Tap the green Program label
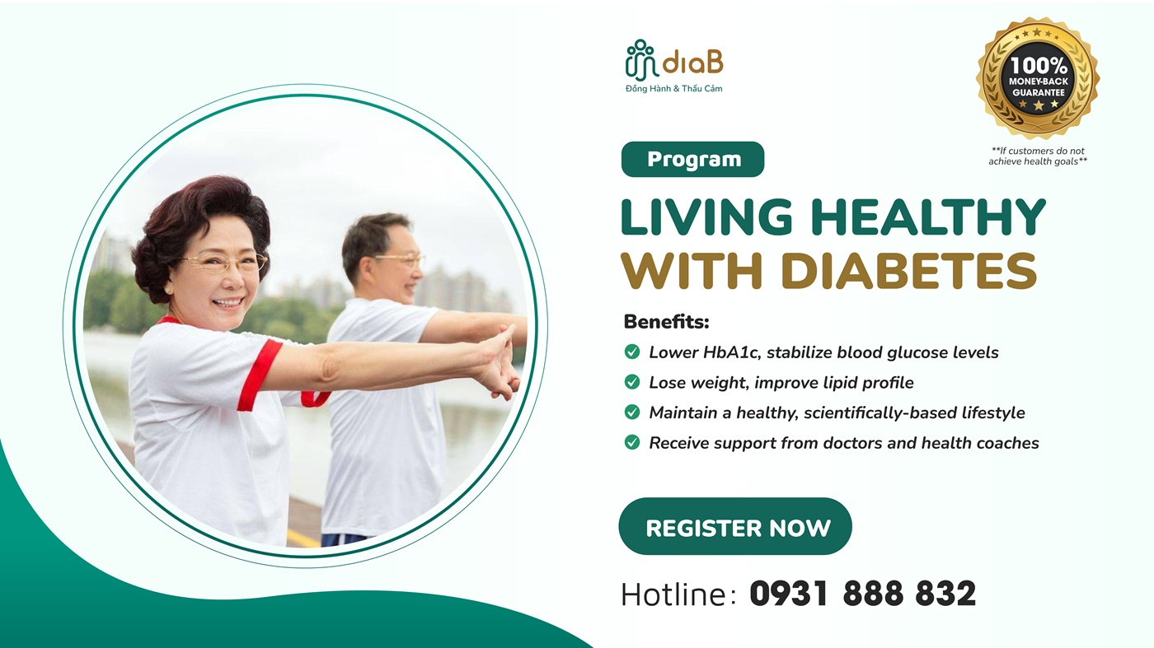692,159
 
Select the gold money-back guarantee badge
1038,77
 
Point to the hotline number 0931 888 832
862,594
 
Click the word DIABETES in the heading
908,270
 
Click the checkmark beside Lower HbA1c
632,352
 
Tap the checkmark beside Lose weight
632,382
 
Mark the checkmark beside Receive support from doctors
632,443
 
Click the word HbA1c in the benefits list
732,352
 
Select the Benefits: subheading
666,321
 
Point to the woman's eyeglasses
224,263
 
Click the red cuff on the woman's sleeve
259,375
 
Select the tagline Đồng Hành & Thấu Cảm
673,89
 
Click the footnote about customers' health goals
1038,156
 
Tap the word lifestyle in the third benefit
988,413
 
